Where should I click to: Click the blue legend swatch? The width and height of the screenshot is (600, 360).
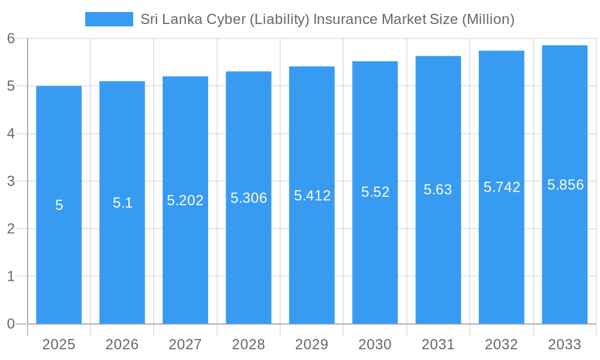click(x=109, y=19)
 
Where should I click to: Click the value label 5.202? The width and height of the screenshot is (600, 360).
click(x=185, y=200)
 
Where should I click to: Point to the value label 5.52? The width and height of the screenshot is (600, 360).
click(x=375, y=192)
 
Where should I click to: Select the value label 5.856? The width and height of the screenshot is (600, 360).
click(x=565, y=185)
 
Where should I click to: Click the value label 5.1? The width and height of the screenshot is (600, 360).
click(x=122, y=203)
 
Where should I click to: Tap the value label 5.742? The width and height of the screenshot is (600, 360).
click(x=502, y=187)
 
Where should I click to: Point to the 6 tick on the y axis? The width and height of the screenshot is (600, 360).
click(x=11, y=38)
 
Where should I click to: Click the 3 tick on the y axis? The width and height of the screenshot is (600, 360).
click(x=11, y=181)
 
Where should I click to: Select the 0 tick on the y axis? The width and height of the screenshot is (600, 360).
click(x=11, y=324)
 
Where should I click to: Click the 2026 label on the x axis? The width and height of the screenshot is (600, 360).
click(x=122, y=344)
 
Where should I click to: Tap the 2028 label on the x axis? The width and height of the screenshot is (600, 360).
click(x=248, y=344)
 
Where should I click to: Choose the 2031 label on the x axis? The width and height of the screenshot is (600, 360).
click(x=438, y=344)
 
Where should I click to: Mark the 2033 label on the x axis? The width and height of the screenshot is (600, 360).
click(x=565, y=344)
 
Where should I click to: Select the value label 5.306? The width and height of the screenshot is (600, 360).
click(x=248, y=198)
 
